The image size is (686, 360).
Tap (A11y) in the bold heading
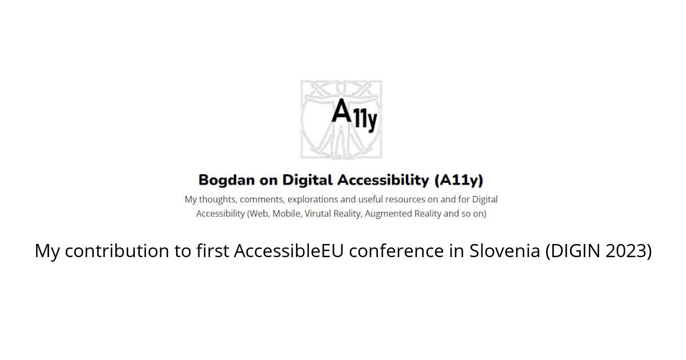459,181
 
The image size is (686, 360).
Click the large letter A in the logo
342,110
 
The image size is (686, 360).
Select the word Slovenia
504,251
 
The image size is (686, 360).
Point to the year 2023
628,251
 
